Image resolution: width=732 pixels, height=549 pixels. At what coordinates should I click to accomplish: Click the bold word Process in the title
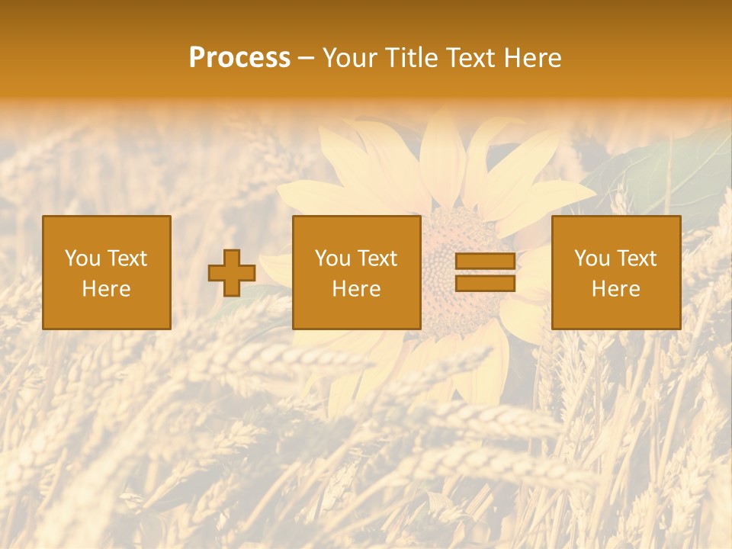(239, 58)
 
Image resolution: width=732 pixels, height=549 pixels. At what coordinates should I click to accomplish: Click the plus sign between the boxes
(232, 273)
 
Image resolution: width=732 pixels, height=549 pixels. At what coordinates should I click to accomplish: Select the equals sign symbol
(485, 272)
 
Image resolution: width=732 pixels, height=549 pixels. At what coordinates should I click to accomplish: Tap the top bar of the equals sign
(485, 262)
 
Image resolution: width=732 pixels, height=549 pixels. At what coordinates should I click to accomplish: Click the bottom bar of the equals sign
(485, 284)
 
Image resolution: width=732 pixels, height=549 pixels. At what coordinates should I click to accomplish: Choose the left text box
(107, 272)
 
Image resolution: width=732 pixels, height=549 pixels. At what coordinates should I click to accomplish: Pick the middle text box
(356, 272)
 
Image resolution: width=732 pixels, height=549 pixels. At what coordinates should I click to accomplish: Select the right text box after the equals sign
(615, 272)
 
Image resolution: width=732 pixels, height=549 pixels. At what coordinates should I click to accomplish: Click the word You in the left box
(82, 258)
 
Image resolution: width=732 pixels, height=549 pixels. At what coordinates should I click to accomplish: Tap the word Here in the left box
(107, 289)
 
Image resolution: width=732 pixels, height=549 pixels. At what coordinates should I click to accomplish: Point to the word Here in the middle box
(356, 289)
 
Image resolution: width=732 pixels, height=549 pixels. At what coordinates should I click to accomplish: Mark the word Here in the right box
(615, 289)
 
